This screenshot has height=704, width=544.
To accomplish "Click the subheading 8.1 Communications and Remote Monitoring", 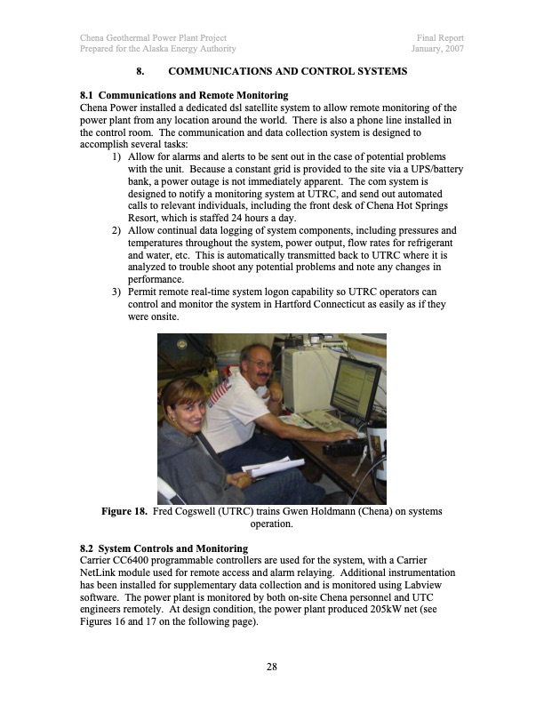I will coord(183,95).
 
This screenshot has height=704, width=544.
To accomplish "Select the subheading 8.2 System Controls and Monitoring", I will coord(164,548).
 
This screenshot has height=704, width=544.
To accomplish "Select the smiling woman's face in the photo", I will coord(184,408).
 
